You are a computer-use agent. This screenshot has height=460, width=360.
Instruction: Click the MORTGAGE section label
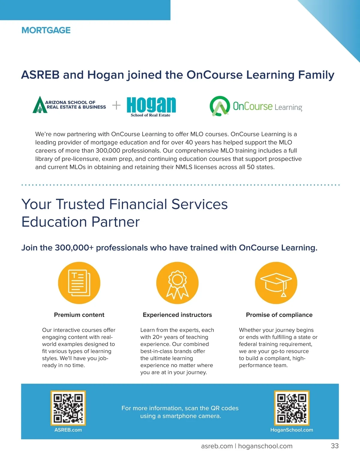click(x=46, y=30)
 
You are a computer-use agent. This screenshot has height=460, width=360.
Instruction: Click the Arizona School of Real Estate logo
click(x=69, y=105)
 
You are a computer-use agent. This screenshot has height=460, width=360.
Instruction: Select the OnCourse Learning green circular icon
click(x=220, y=106)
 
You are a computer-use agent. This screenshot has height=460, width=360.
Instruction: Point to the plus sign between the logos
click(x=116, y=105)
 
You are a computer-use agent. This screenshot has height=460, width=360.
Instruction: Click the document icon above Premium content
click(x=79, y=283)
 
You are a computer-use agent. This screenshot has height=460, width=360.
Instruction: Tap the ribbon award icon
click(x=177, y=283)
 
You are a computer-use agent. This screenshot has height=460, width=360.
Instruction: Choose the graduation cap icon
click(x=276, y=283)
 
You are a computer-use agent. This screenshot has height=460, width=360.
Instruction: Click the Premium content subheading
click(x=79, y=315)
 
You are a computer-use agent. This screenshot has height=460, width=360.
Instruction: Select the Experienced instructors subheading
click(x=177, y=315)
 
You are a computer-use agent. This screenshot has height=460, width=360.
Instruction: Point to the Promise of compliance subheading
click(x=279, y=315)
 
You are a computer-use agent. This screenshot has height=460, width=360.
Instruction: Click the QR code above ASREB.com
click(x=68, y=408)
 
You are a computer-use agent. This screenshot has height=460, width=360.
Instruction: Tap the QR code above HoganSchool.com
click(x=292, y=408)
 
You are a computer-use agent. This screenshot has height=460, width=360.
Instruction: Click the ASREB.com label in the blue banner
click(x=68, y=430)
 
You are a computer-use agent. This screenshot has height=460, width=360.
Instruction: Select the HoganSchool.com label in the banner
click(x=292, y=430)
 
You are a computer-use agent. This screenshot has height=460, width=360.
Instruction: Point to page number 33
click(x=334, y=446)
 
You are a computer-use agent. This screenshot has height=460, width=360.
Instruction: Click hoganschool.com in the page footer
click(x=265, y=446)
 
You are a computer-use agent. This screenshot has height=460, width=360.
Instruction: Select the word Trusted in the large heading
click(x=80, y=204)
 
